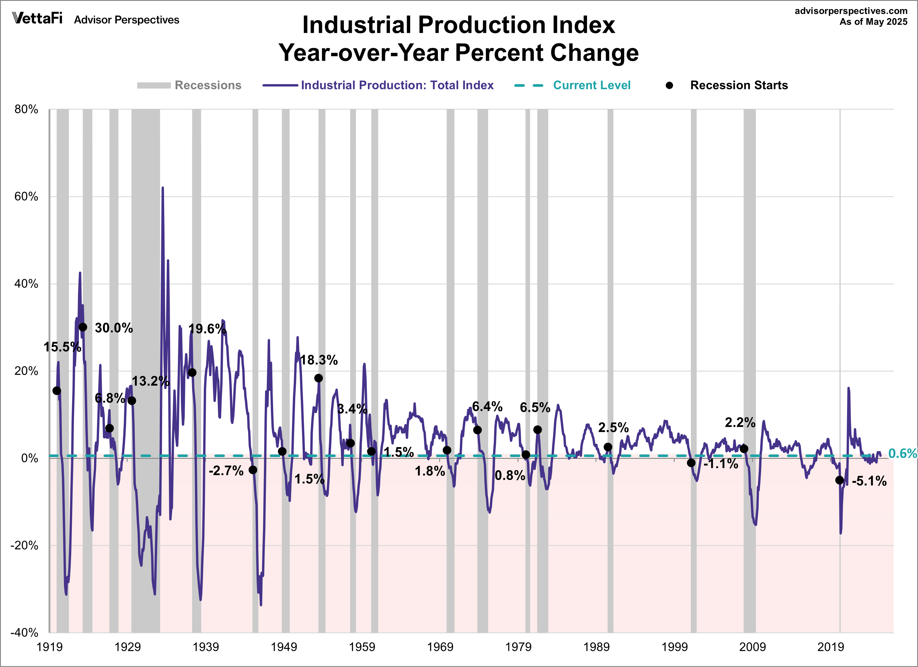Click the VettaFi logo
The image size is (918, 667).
[x=37, y=19]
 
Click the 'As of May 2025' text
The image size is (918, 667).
[x=873, y=22]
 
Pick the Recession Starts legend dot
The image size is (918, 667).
[x=669, y=85]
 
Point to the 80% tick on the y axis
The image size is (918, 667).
[x=26, y=109]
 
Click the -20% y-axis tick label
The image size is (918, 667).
[x=24, y=546]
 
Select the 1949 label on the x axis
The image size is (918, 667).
[x=284, y=647]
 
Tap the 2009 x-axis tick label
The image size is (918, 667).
[x=752, y=647]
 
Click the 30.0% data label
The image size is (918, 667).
[x=114, y=328]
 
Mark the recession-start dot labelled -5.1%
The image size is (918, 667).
[x=839, y=480]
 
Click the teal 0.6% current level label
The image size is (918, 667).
[x=902, y=454]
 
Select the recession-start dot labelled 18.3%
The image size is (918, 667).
[x=318, y=378]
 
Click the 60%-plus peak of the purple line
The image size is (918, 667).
[x=163, y=188]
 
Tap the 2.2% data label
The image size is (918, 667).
[x=740, y=422]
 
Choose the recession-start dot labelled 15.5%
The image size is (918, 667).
[x=57, y=391]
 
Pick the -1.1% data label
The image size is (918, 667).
[x=721, y=464]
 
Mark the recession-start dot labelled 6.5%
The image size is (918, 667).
[x=537, y=430]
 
